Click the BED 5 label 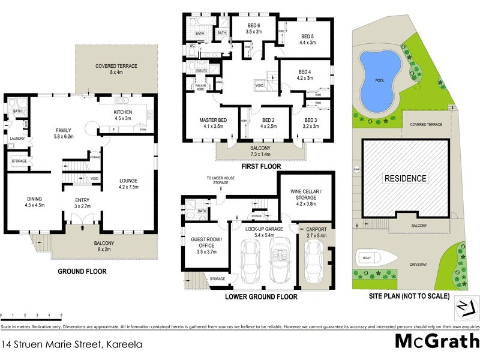point(308,38)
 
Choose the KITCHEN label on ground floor point(127,115)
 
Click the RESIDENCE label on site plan point(406,178)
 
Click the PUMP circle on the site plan point(355,169)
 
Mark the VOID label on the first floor point(259,85)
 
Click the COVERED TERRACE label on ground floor point(116,70)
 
